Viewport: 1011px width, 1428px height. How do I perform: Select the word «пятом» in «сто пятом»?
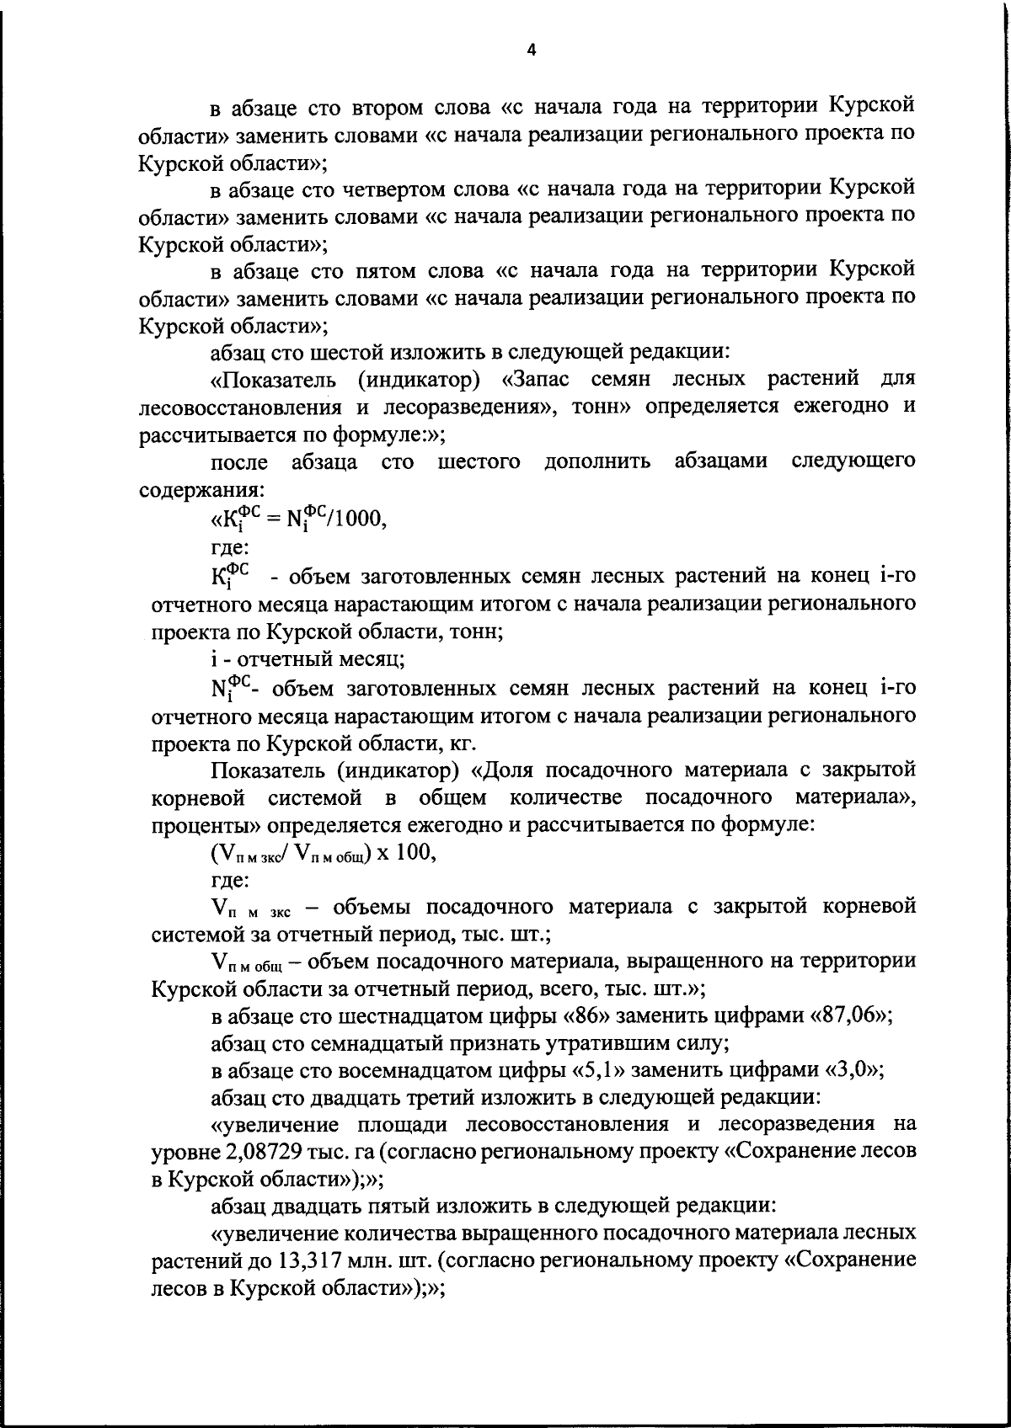392,270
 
